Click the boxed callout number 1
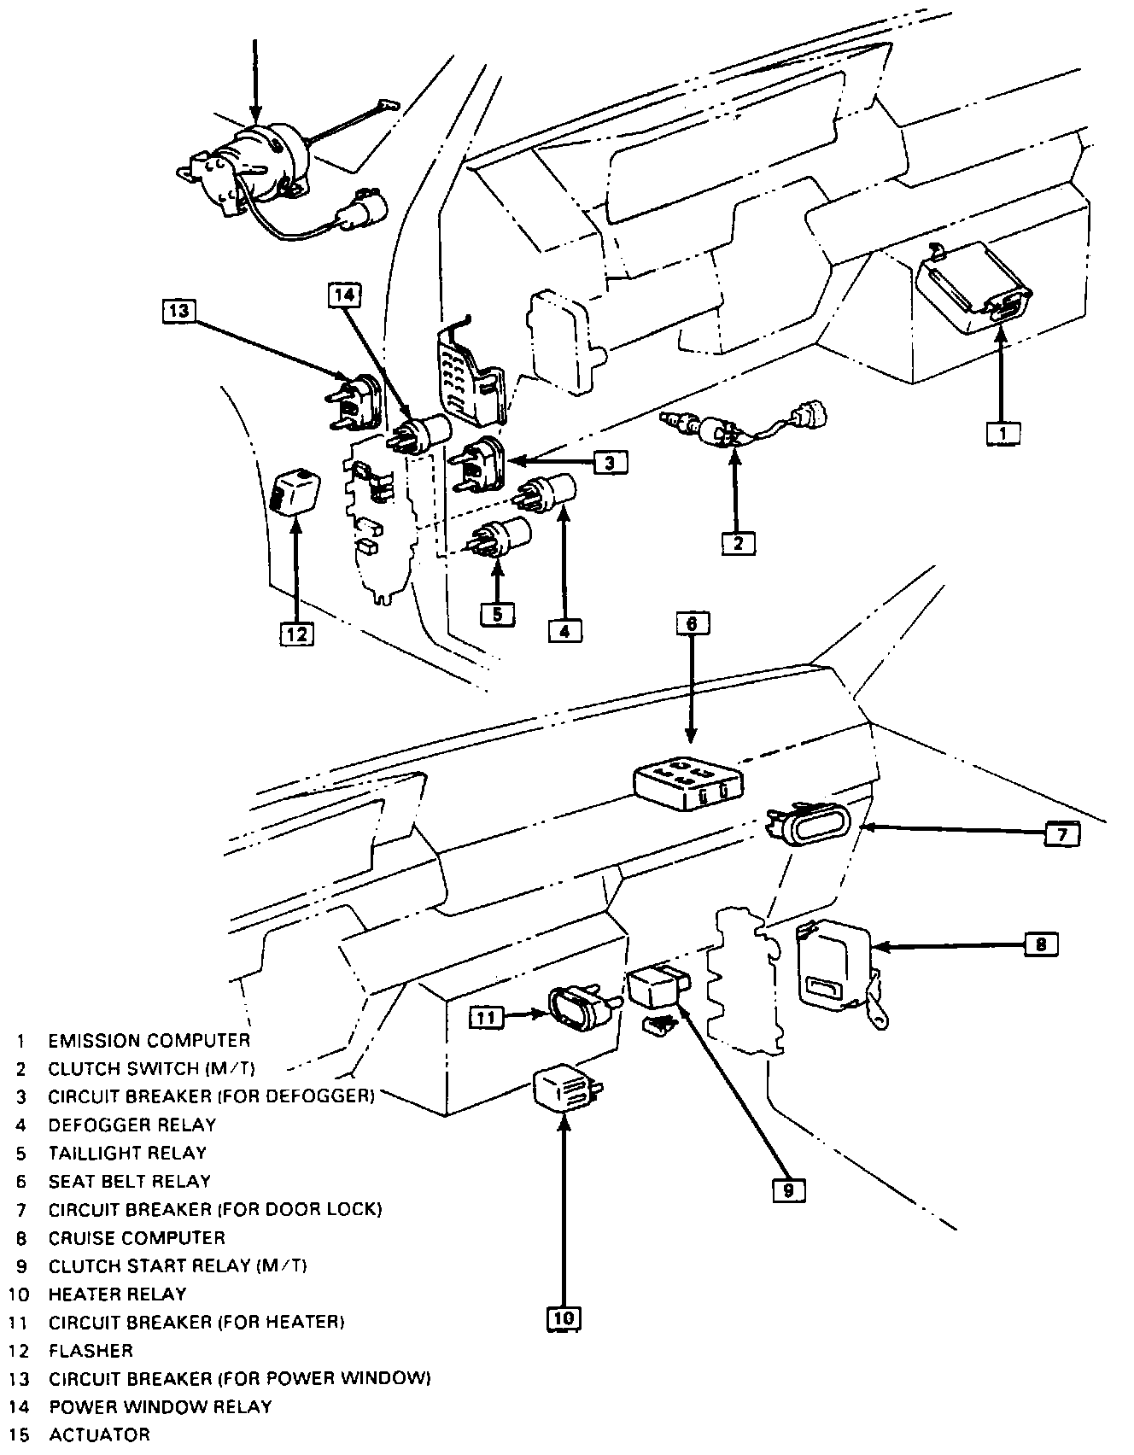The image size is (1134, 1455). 1002,434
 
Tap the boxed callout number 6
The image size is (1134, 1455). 691,624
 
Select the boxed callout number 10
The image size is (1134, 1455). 564,1318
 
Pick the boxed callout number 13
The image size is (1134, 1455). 178,310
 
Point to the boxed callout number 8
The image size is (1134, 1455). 1041,944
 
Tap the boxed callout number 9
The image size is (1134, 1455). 789,1190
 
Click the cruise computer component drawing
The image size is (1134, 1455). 835,965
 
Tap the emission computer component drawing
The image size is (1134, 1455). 971,285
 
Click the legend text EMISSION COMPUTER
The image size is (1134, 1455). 149,1041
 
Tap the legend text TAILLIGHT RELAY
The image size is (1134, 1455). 127,1154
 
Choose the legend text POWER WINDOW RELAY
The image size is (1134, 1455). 161,1406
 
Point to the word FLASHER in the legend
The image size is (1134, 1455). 91,1351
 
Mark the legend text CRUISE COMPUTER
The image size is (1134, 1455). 137,1238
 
